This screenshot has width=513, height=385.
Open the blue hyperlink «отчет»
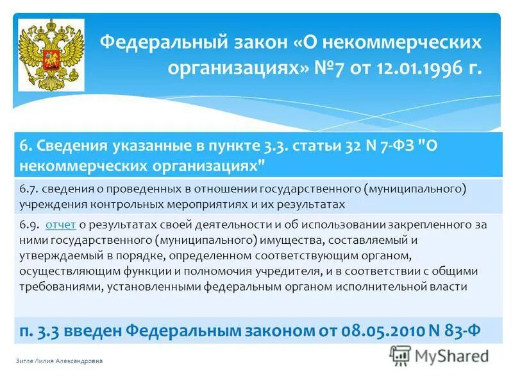tap(62, 225)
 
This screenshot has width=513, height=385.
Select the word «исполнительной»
tap(399, 287)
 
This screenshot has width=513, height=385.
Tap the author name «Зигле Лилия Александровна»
tap(58, 361)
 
